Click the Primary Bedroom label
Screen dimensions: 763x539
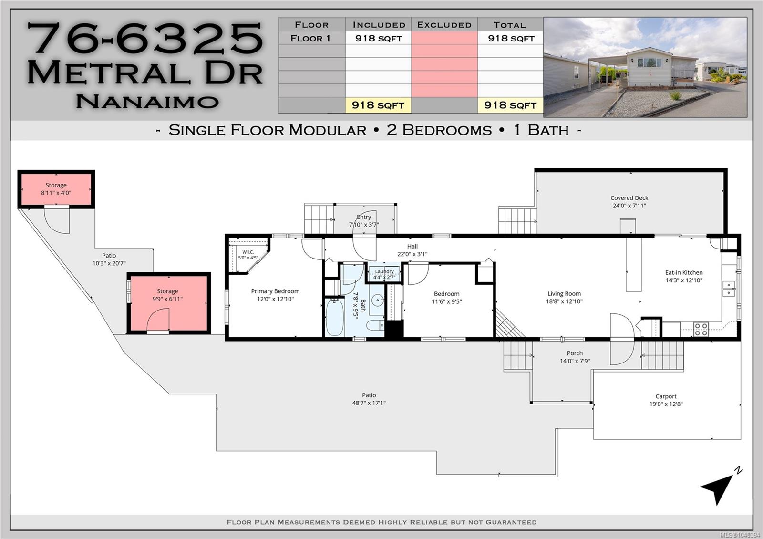(275, 291)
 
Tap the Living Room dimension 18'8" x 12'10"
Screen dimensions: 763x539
(564, 301)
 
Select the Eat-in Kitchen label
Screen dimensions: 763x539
(684, 272)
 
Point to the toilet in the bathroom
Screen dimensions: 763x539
(375, 325)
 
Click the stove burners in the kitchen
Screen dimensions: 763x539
(701, 330)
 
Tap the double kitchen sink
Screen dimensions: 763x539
(729, 289)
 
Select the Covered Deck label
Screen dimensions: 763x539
(629, 198)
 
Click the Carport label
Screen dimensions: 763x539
(666, 396)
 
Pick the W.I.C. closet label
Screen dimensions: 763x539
(248, 252)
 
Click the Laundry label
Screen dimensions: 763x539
(384, 271)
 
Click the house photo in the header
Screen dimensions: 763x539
(645, 67)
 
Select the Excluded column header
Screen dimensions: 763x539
(444, 25)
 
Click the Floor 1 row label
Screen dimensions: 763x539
(310, 38)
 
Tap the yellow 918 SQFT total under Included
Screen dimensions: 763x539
(378, 105)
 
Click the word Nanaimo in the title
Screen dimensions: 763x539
(147, 101)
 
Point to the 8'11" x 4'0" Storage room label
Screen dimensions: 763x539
(56, 189)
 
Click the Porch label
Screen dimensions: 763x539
(575, 353)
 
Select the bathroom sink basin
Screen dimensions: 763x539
(377, 301)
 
